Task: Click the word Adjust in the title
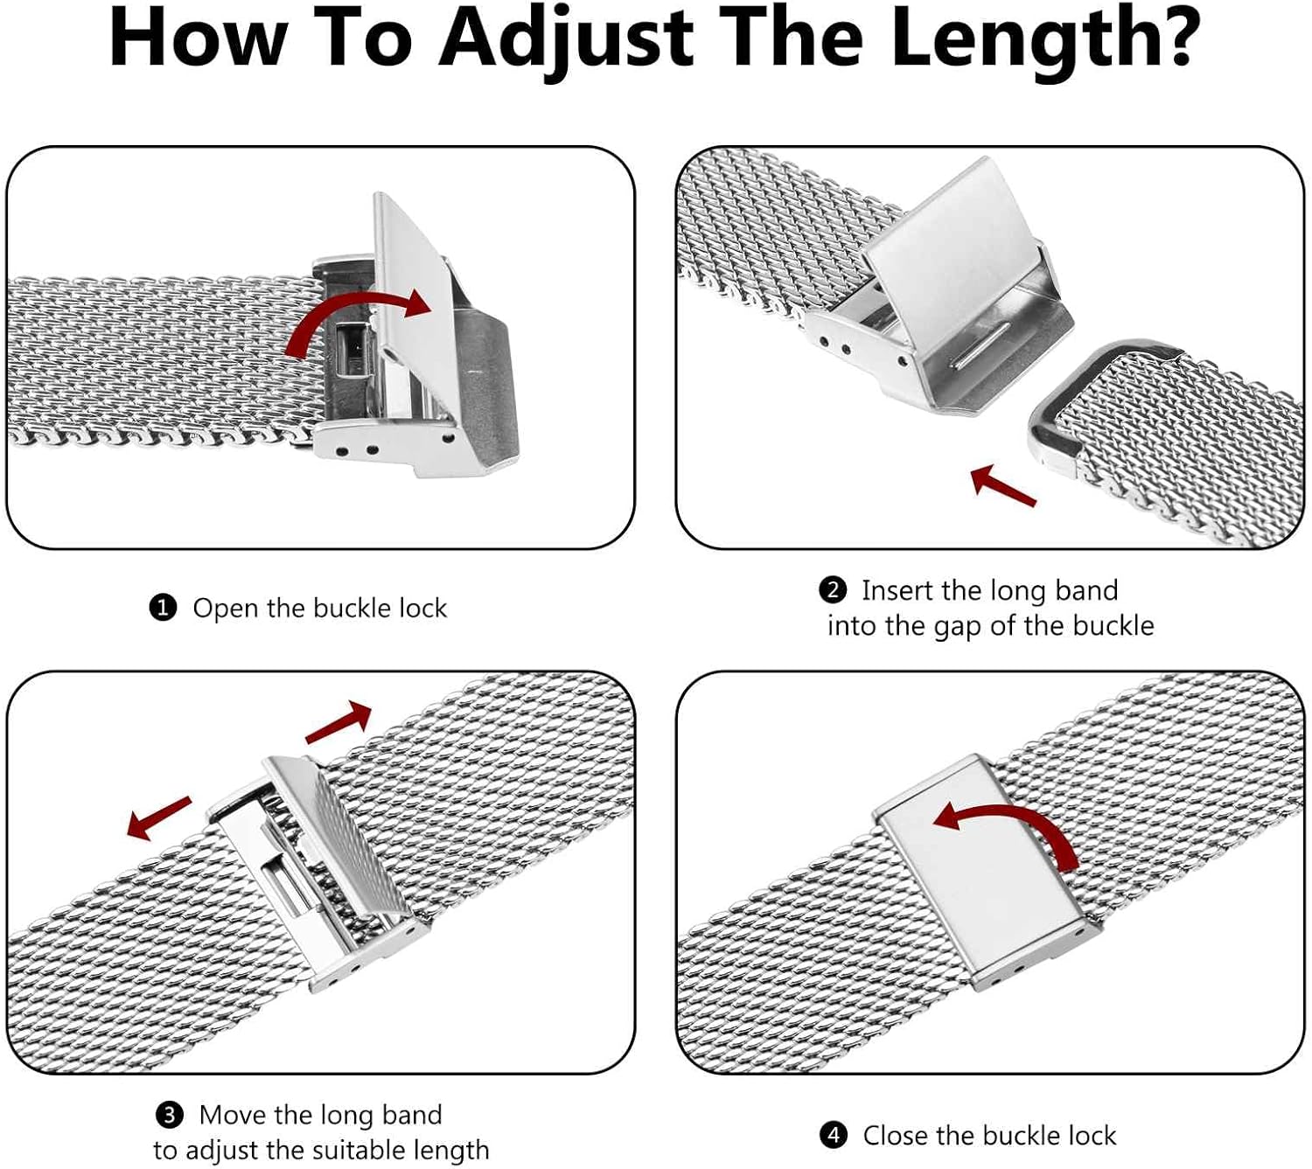point(566,39)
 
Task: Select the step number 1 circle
point(163,607)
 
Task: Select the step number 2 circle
point(833,589)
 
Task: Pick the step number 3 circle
point(169,1114)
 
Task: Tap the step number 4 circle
point(834,1135)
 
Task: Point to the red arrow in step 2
point(1002,485)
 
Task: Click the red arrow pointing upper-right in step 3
point(338,722)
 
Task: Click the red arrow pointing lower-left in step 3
point(158,818)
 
